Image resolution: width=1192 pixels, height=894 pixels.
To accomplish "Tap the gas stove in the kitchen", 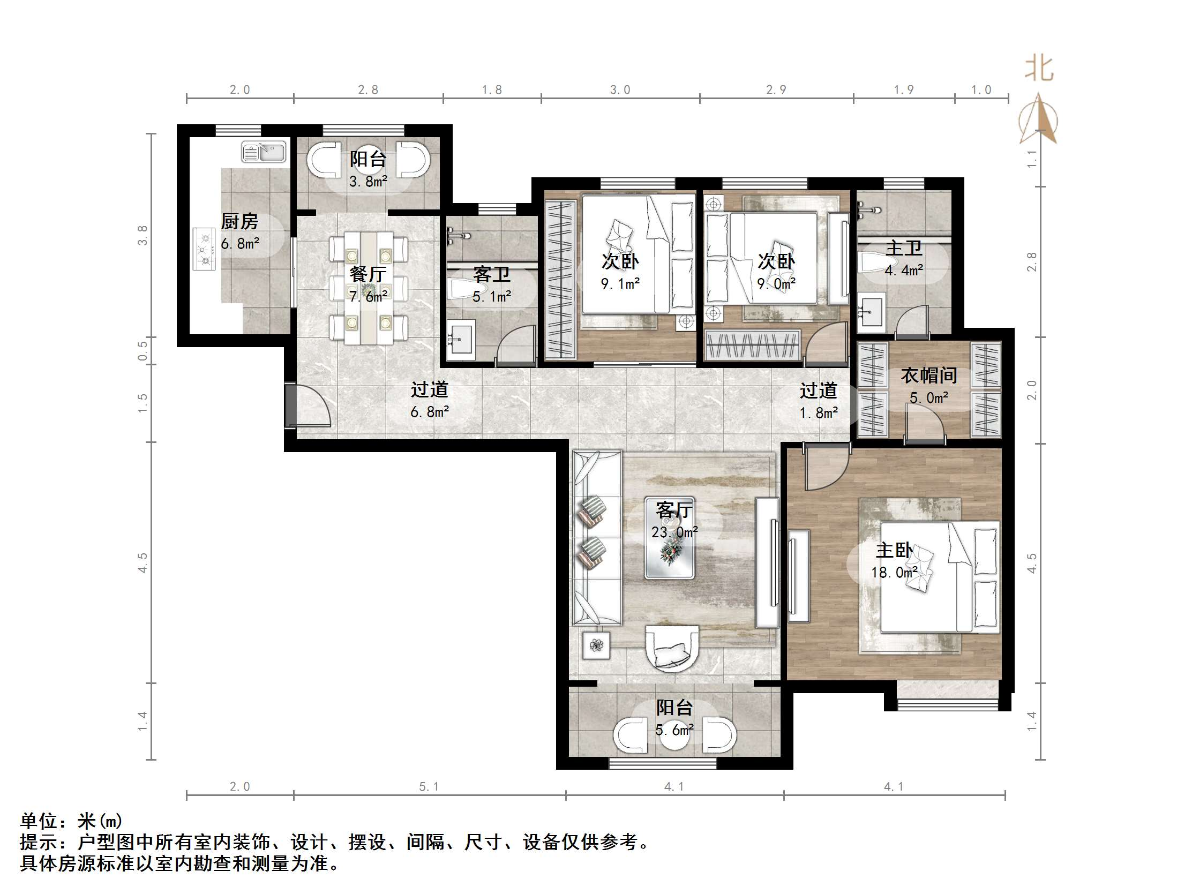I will (204, 249).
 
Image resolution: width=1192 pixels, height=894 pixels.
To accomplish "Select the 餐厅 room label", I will (368, 274).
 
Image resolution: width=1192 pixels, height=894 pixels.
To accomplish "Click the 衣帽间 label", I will (928, 375).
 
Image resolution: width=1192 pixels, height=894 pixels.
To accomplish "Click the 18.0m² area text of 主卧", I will (894, 572).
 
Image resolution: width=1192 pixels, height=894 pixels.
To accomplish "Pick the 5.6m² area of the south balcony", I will (673, 730).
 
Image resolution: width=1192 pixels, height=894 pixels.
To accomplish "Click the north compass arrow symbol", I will (1038, 119).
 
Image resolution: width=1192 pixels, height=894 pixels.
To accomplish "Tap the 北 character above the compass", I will (1038, 70).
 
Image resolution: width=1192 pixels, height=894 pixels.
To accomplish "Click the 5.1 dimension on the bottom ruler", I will (429, 787).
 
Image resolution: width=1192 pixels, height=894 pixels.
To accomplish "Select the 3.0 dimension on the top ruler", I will (620, 89).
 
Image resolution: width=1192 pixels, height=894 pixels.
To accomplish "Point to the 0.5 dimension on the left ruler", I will (143, 351).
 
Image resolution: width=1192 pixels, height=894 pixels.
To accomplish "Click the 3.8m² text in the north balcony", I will (368, 182).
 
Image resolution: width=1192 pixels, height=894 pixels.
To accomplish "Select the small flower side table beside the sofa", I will (596, 645).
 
